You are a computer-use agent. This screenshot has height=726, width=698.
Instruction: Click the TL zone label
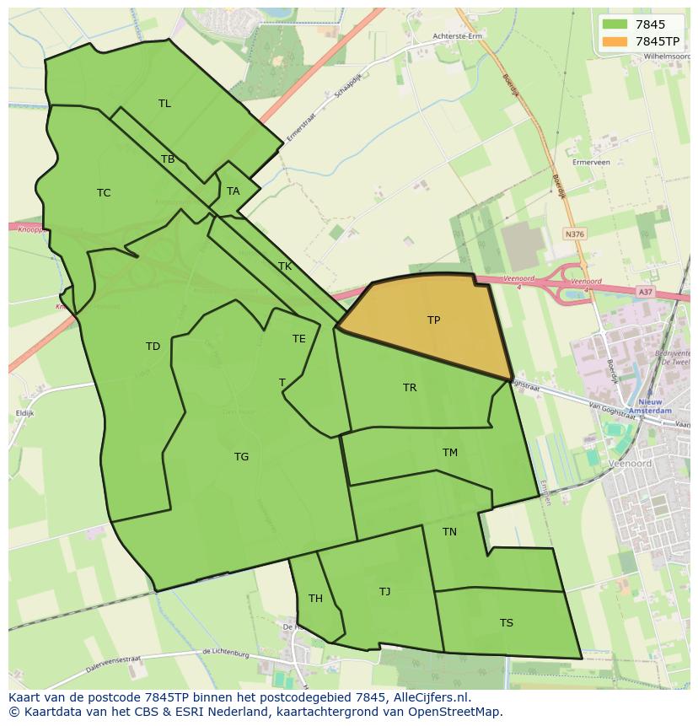(164, 104)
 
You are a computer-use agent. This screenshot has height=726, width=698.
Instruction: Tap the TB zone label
(168, 159)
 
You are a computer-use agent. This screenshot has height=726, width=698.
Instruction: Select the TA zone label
(234, 191)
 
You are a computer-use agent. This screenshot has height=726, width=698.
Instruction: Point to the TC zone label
(104, 193)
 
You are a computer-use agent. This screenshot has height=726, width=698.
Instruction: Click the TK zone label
(285, 266)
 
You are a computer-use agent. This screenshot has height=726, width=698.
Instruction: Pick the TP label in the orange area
(433, 320)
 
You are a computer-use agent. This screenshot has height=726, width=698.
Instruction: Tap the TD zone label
(153, 347)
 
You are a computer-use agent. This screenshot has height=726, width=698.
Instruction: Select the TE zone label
(299, 339)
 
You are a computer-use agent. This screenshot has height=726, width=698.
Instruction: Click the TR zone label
(410, 388)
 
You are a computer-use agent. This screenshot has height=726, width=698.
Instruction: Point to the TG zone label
(241, 457)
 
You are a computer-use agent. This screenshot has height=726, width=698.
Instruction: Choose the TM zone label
(450, 453)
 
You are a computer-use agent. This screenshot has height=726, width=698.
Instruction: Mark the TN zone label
(449, 532)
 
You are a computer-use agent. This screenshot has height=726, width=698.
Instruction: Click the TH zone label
(315, 599)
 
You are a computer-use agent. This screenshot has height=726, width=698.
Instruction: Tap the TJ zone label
(384, 592)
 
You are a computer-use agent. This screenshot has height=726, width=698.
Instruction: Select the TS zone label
(506, 623)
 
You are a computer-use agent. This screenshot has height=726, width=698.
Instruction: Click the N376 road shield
(575, 234)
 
